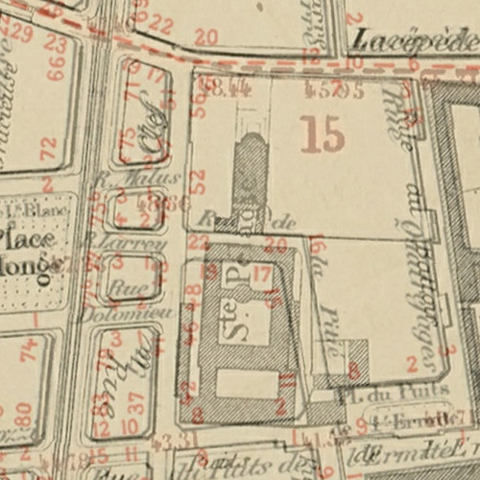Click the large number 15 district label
[322, 133]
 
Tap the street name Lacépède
[414, 39]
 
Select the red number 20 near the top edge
[205, 37]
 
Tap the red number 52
[198, 180]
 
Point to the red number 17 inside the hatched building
[261, 273]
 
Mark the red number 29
[22, 32]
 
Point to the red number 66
[56, 67]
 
